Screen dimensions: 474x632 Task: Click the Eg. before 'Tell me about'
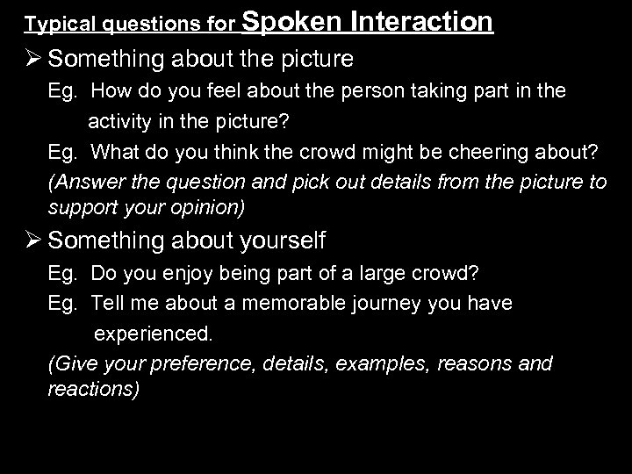63,303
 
